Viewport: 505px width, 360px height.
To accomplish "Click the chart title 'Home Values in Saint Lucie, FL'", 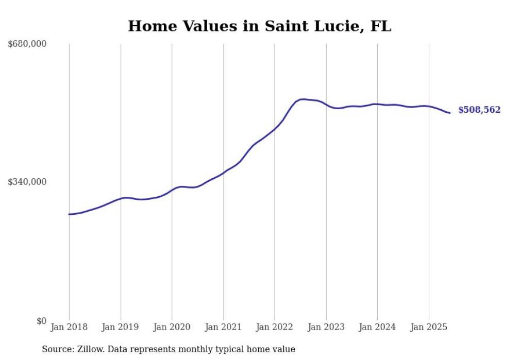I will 259,26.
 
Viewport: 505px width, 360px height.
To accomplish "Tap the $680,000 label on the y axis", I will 27,44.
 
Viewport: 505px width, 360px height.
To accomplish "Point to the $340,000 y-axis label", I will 27,182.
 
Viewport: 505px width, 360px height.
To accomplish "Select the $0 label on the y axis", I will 41,321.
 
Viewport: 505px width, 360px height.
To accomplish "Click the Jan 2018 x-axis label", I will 69,327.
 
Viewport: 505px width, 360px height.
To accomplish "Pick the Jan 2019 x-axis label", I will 121,327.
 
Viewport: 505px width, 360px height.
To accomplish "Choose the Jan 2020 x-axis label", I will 172,327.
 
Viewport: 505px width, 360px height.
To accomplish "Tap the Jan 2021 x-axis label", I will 223,327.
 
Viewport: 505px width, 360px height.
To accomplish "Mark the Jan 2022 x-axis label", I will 275,327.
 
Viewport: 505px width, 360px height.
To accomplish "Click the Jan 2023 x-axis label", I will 326,327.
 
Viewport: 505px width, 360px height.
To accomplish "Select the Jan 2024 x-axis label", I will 377,327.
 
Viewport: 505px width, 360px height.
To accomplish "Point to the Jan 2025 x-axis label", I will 429,327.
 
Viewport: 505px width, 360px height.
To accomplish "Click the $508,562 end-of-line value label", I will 479,110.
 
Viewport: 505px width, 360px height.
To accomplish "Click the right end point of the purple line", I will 450,113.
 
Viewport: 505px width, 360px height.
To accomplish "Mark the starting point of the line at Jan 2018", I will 69,214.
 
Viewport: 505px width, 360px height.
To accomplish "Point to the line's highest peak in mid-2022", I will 302,99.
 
